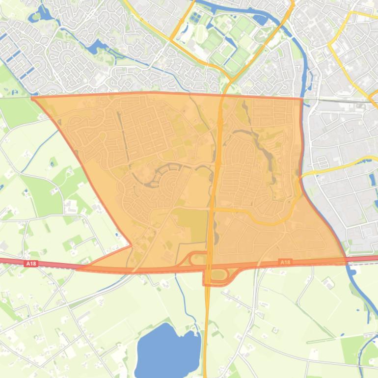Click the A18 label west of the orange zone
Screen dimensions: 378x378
tap(30, 264)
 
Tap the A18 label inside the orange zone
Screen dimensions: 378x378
tap(285, 263)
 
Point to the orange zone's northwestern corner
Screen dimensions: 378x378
tap(32, 98)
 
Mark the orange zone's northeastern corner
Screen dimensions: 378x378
tap(301, 99)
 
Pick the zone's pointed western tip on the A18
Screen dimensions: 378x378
tap(79, 268)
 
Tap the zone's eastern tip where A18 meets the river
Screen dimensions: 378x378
tap(346, 259)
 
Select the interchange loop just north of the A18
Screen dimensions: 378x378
tap(199, 259)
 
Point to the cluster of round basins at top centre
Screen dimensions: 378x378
tap(196, 19)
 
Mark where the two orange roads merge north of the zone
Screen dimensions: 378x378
tap(228, 79)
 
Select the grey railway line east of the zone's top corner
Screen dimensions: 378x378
tap(339, 101)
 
